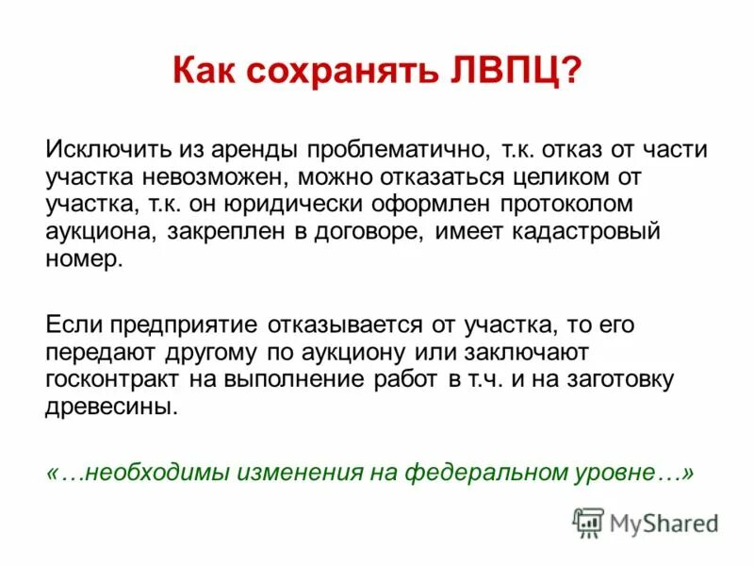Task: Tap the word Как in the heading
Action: [205, 73]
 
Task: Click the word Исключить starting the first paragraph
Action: [102, 150]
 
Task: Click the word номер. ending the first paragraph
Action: [84, 259]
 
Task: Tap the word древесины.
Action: [109, 408]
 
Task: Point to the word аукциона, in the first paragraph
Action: [101, 232]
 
